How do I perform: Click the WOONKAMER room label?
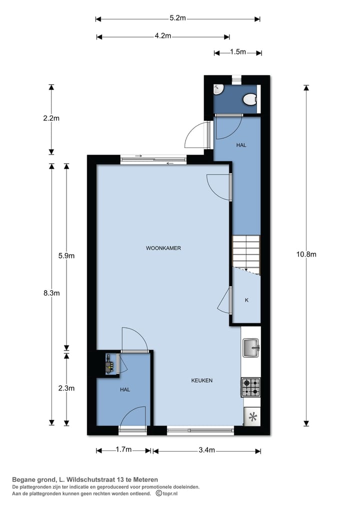pyautogui.click(x=163, y=248)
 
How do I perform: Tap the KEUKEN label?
pyautogui.click(x=202, y=380)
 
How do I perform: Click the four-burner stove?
pyautogui.click(x=251, y=386)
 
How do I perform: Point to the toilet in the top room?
pyautogui.click(x=248, y=100)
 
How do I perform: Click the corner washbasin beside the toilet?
pyautogui.click(x=218, y=89)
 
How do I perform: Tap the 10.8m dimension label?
pyautogui.click(x=306, y=254)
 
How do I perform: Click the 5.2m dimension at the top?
pyautogui.click(x=177, y=18)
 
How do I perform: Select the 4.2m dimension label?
pyautogui.click(x=163, y=36)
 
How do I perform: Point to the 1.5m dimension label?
pyautogui.click(x=238, y=52)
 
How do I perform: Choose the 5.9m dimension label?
pyautogui.click(x=66, y=256)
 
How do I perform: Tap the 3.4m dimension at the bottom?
pyautogui.click(x=206, y=450)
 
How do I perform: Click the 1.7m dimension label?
pyautogui.click(x=123, y=450)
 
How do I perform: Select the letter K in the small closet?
pyautogui.click(x=246, y=300)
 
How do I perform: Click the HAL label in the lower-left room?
pyautogui.click(x=124, y=389)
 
